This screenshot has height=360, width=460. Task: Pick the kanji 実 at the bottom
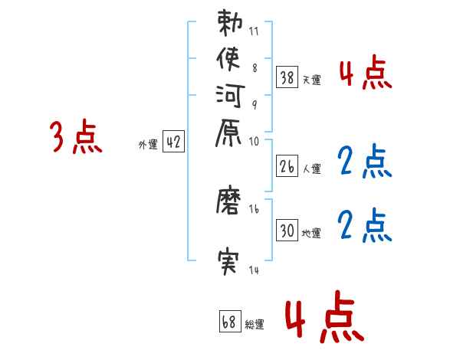click(x=230, y=264)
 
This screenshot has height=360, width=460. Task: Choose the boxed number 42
click(x=174, y=142)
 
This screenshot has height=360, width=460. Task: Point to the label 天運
click(x=312, y=79)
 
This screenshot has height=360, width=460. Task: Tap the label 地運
click(x=312, y=233)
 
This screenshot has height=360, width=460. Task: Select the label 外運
click(x=148, y=143)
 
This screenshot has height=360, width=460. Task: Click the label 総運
click(x=255, y=324)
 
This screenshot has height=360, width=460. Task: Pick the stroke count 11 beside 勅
click(x=254, y=33)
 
